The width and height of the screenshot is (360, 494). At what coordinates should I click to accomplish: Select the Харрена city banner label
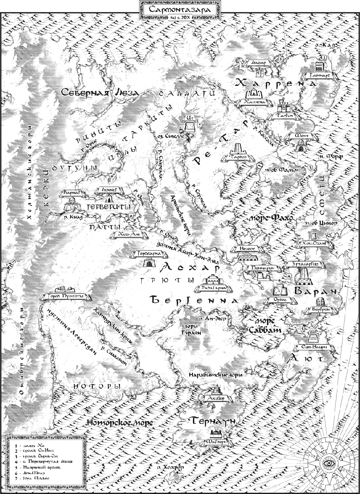click(255, 102)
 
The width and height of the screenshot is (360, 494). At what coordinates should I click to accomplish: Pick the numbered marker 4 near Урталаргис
click(289, 276)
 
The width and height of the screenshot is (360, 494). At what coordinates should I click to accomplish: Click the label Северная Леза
click(101, 93)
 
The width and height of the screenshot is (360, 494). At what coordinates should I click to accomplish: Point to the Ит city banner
click(190, 119)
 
